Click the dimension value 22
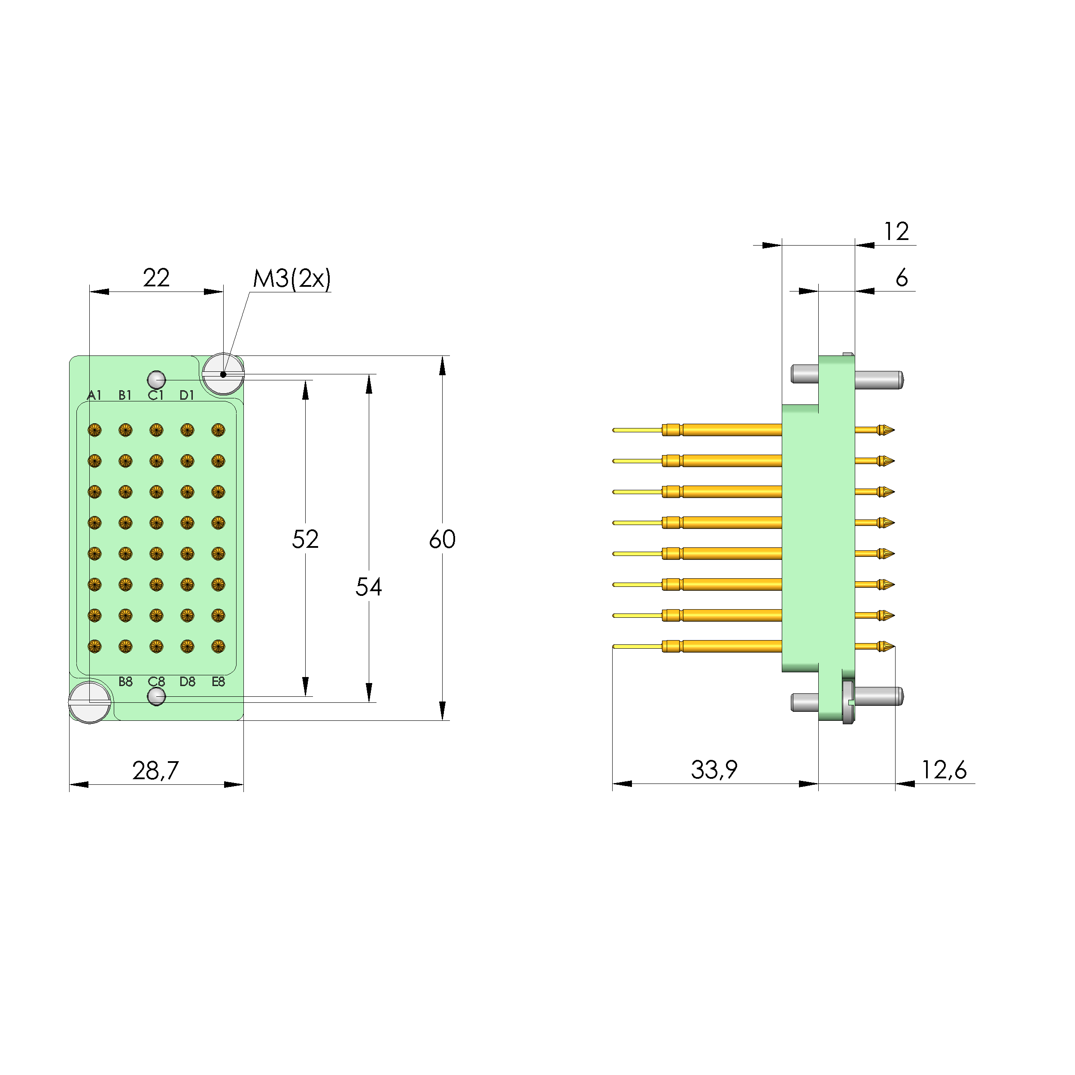pos(156,278)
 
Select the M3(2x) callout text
pos(292,278)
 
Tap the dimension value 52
pos(305,539)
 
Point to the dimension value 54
pos(368,587)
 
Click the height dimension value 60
pos(442,539)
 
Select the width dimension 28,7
pos(155,770)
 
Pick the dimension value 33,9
pos(714,769)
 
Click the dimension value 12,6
pos(944,769)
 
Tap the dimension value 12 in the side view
pos(896,231)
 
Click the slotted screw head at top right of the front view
pos(223,374)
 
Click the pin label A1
pos(94,395)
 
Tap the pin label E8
pos(218,682)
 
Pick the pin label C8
pos(156,682)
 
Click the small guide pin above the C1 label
pos(156,380)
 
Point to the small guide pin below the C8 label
pos(156,696)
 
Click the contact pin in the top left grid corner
pos(94,430)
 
